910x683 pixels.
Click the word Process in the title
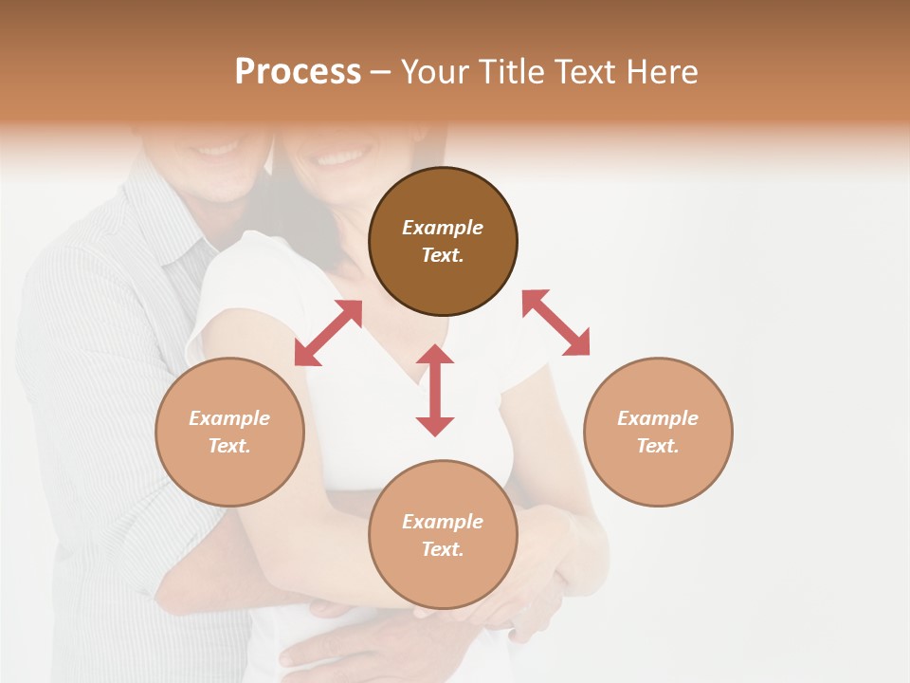pyautogui.click(x=298, y=72)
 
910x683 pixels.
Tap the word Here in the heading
pyautogui.click(x=660, y=72)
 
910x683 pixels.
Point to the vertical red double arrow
pyautogui.click(x=435, y=390)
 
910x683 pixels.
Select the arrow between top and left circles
pyautogui.click(x=328, y=333)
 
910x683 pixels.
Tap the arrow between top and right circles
pyautogui.click(x=556, y=323)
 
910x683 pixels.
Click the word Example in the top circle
pyautogui.click(x=443, y=228)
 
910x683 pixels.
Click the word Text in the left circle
pyautogui.click(x=229, y=446)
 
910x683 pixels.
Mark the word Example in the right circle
pyautogui.click(x=658, y=418)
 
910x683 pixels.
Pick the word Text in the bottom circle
pyautogui.click(x=443, y=549)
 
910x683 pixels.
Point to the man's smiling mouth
pyautogui.click(x=217, y=149)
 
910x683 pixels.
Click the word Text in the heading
pyautogui.click(x=588, y=72)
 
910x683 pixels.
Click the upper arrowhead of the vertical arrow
pyautogui.click(x=435, y=355)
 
